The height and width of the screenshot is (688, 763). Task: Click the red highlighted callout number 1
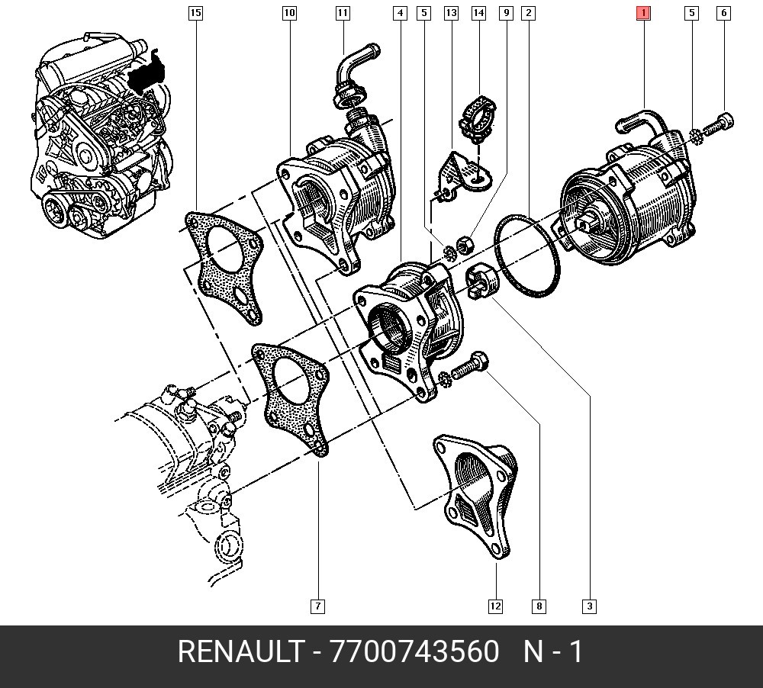coord(644,12)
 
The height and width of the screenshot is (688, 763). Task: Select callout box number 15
coord(195,12)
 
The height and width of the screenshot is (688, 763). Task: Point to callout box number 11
coord(342,12)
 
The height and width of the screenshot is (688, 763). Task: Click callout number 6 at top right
coord(723,12)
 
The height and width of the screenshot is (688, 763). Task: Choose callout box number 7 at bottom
coord(317,606)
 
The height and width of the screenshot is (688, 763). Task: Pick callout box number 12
coord(496,606)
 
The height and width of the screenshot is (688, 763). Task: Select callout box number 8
coord(539,606)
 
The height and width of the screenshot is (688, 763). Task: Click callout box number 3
coord(589,606)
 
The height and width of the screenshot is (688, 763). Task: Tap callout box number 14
coord(478,12)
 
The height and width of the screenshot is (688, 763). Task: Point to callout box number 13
coord(451,12)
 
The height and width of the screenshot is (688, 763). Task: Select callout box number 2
coord(528,12)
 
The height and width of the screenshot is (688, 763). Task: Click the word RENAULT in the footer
coord(240,653)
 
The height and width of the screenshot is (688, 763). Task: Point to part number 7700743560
coord(414,653)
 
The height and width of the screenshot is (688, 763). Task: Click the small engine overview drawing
coord(99,141)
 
